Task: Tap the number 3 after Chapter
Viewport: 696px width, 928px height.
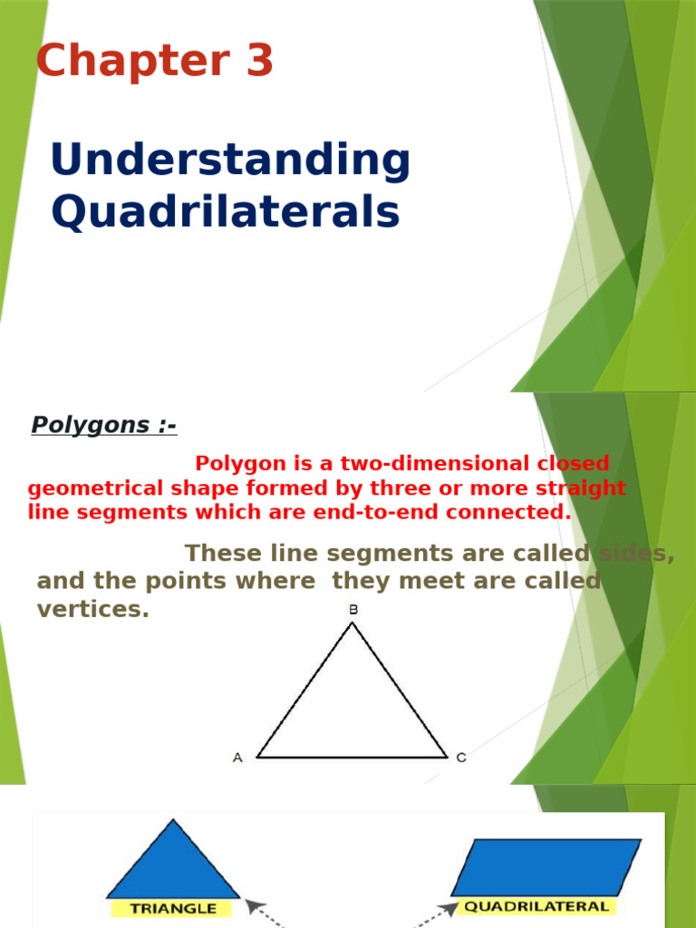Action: click(256, 62)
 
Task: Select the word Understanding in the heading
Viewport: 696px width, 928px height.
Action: click(230, 160)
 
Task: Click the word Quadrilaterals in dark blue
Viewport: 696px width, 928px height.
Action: click(225, 213)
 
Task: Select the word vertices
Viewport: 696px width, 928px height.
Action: click(92, 610)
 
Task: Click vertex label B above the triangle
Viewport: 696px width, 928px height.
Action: click(353, 610)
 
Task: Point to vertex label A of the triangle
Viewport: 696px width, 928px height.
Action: click(237, 758)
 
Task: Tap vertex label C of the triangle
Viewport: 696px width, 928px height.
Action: click(461, 758)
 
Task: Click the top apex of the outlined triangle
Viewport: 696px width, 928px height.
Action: click(353, 623)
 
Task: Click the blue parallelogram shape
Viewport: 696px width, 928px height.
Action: click(546, 866)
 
